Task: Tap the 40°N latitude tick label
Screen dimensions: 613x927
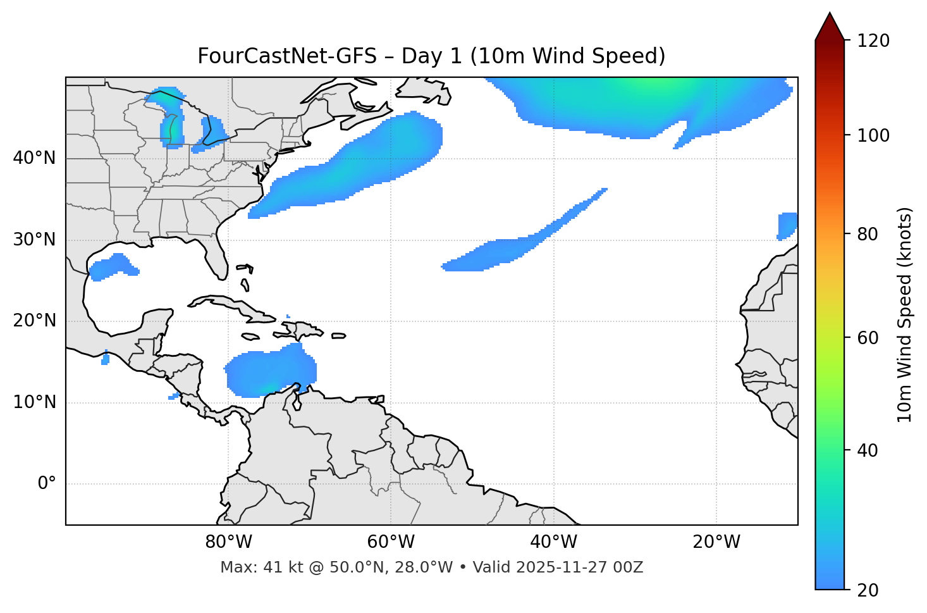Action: tap(34, 158)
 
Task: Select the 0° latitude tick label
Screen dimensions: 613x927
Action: tap(46, 484)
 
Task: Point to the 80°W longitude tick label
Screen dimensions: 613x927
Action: tap(228, 542)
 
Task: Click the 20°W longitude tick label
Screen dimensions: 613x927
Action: tap(716, 542)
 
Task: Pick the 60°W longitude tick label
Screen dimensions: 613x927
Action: tap(391, 542)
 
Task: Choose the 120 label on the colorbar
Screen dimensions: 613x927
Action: tap(873, 41)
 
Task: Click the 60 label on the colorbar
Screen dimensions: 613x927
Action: tap(868, 338)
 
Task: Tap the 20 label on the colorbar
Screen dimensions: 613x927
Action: tap(868, 590)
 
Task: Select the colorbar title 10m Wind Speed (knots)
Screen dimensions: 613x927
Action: tap(905, 314)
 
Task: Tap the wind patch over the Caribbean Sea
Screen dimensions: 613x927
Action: tap(271, 373)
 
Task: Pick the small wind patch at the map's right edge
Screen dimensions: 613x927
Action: tap(787, 225)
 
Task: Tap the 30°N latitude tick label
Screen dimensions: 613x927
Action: tap(34, 240)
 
